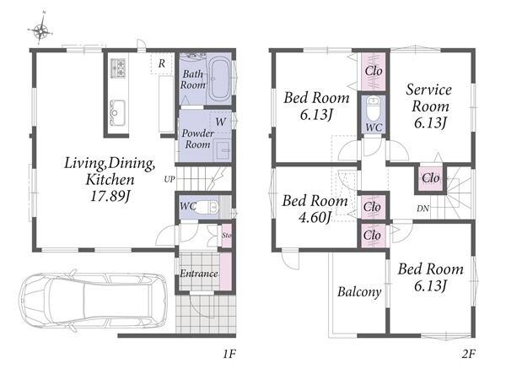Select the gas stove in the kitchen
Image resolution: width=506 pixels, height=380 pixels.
coord(118,68)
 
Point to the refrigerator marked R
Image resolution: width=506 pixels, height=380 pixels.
coord(162,63)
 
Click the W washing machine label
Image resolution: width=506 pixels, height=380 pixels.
coord(221,122)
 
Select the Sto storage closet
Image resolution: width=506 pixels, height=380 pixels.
coord(227,236)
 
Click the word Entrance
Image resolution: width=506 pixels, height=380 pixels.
coord(199,274)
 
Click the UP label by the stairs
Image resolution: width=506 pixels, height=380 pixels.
coord(170,179)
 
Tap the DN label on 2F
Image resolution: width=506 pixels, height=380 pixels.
coord(423,209)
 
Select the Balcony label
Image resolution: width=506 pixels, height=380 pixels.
coord(359,292)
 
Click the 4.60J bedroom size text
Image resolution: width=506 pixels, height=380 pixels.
coord(315,217)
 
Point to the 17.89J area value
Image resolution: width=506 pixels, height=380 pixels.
coord(110,196)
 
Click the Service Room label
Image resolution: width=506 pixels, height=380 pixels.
coord(429,98)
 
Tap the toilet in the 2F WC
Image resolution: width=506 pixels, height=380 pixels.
coord(374,108)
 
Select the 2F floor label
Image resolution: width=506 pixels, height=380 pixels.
coord(469,355)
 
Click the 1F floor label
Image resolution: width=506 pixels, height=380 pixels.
coord(229,355)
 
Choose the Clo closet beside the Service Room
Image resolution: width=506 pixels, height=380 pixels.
coord(431,178)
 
